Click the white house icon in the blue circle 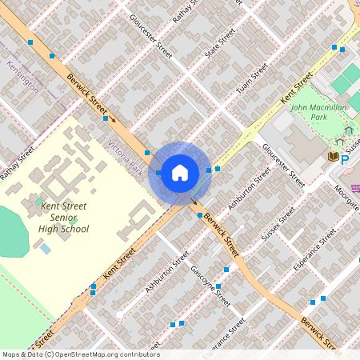click(x=180, y=171)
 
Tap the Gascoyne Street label click(x=212, y=287)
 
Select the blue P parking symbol click(x=346, y=159)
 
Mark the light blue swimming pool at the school click(x=45, y=249)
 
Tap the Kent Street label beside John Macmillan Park click(x=296, y=87)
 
